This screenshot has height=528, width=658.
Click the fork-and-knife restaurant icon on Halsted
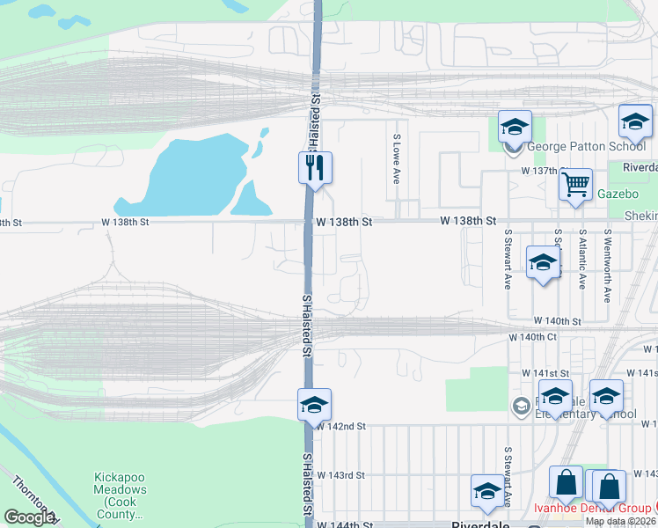point(315,165)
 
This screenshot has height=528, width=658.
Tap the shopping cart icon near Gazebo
point(576,185)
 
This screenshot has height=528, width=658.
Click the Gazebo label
point(617,193)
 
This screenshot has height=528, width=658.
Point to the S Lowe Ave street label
point(397,159)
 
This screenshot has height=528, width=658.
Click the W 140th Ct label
point(533,337)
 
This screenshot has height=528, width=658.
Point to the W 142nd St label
point(340,426)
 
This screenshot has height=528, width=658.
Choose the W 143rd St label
point(340,475)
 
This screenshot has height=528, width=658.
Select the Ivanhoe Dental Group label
point(594,509)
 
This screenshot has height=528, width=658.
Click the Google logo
point(29,517)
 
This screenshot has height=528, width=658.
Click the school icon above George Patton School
point(515,127)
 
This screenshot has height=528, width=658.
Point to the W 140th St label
point(557,323)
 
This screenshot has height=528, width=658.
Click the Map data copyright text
point(621,521)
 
